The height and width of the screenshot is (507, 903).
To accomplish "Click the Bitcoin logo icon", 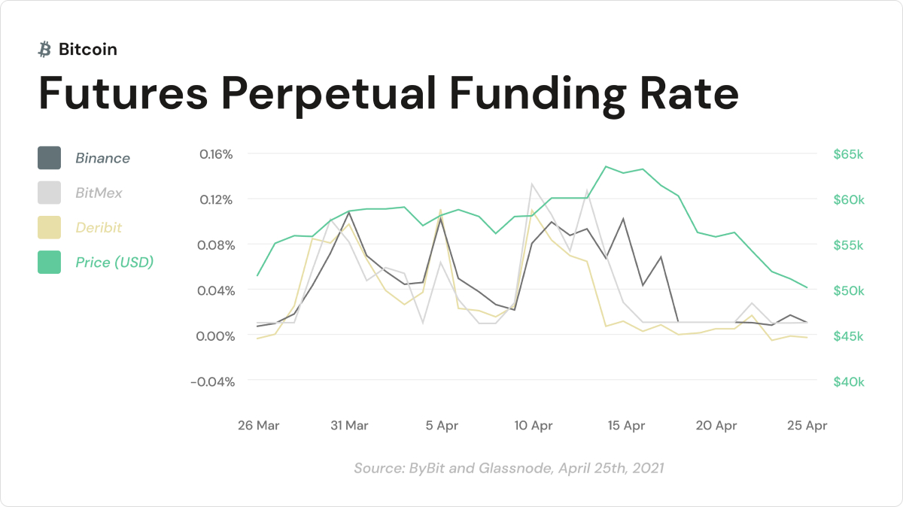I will [x=44, y=50].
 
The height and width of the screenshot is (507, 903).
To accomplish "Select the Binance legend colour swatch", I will [x=49, y=158].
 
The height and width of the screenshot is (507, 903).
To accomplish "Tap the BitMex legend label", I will [x=99, y=193].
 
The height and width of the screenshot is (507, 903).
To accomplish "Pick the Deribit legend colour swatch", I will [x=49, y=227].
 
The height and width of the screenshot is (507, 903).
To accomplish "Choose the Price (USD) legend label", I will [x=114, y=263].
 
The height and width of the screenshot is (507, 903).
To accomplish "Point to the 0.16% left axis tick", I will [x=217, y=154].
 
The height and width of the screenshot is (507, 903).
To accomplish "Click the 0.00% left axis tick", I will [x=217, y=335].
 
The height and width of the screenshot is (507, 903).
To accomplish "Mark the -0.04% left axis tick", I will [x=213, y=381].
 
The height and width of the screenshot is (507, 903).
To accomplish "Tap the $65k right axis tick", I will [x=849, y=154].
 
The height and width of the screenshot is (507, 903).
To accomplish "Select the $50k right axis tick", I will [x=849, y=290].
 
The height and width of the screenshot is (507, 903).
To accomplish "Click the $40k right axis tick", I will [x=849, y=381].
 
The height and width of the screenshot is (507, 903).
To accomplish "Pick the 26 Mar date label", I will [x=258, y=426].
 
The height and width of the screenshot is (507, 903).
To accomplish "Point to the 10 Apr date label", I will [x=534, y=426].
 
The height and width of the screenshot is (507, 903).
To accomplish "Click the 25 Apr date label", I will [x=807, y=426].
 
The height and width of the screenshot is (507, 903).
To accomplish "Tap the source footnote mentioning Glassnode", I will [x=509, y=468].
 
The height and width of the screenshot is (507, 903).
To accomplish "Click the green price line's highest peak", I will [x=606, y=166].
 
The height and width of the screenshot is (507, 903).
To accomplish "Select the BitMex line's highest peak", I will [x=533, y=184].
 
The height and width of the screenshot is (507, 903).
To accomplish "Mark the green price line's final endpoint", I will [x=807, y=287].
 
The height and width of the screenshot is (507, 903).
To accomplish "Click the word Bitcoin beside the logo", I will [x=87, y=50].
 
